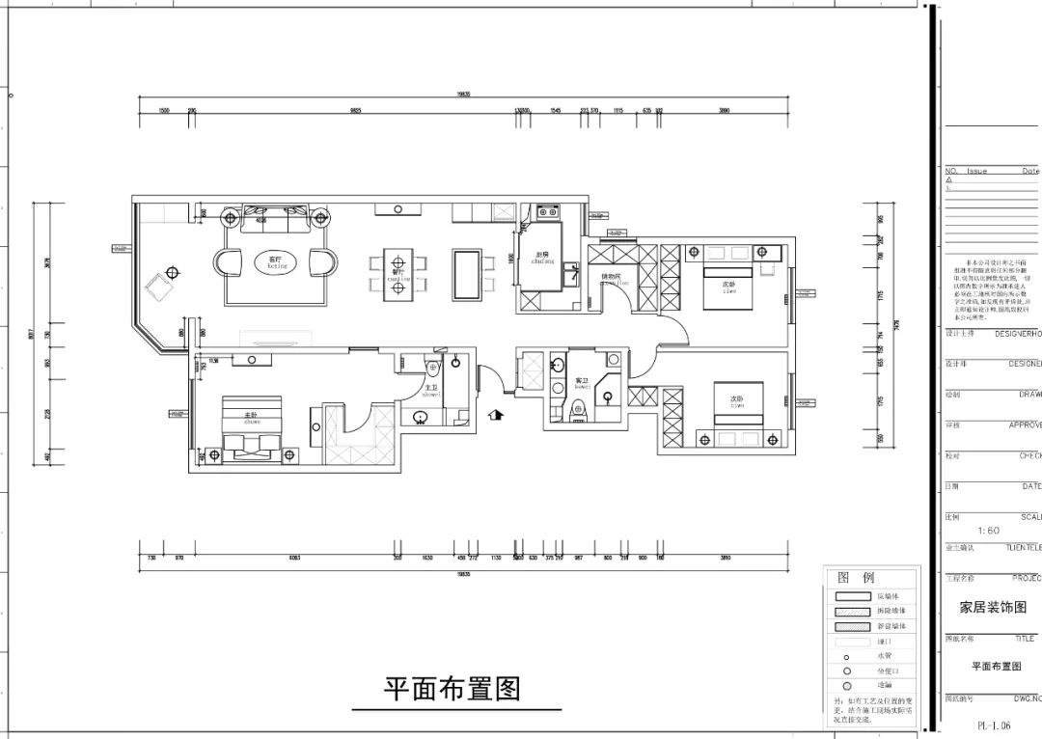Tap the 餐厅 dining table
click(395, 274)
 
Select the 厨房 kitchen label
click(542, 258)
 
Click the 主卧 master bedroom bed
click(254, 429)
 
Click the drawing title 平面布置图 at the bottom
click(452, 689)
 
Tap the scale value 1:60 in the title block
click(988, 531)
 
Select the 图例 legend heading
click(856, 578)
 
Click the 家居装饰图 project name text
click(993, 608)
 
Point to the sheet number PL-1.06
click(995, 724)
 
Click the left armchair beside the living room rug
click(229, 261)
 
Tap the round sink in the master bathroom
click(420, 418)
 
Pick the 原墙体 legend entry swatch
click(853, 597)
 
